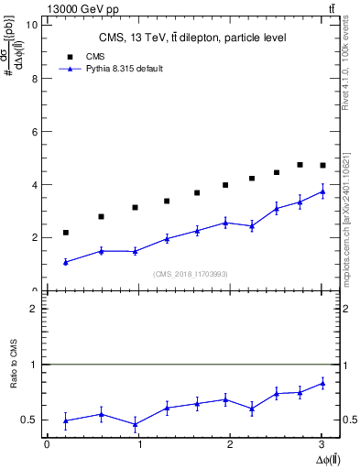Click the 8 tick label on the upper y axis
tap(34, 78)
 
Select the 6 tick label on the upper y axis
tap(34, 131)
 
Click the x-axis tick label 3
tap(322, 444)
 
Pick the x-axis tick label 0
tap(47, 444)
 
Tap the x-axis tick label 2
tap(230, 444)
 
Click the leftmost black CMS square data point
tap(66, 233)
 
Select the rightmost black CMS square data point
tap(322, 165)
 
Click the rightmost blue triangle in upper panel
tap(322, 191)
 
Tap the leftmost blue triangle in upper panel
tap(66, 262)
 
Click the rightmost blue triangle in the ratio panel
tap(322, 383)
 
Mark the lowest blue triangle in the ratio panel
tap(136, 424)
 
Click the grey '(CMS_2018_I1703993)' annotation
tap(191, 274)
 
